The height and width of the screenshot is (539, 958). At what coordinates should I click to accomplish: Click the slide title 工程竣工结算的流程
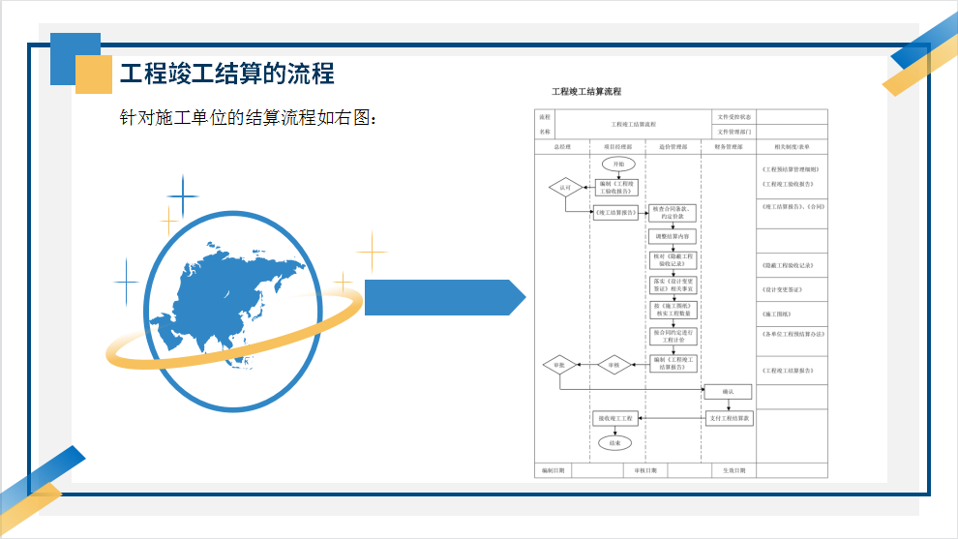coord(226,74)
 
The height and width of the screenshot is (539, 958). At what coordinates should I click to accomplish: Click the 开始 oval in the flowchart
coord(618,165)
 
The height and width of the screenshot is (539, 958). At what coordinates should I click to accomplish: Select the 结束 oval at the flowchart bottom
coord(614,442)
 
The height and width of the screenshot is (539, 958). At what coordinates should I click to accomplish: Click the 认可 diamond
coord(565,187)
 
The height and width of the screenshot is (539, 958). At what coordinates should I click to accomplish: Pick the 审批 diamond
coord(559,365)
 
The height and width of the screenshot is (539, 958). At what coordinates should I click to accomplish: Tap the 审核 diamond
coord(614,365)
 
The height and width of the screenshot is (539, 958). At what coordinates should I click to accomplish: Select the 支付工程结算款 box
coord(728,418)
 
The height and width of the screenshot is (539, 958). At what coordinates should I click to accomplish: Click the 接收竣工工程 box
coord(614,418)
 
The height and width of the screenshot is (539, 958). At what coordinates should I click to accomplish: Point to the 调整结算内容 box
coord(672,236)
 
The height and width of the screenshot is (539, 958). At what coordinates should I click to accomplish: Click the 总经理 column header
coord(562,147)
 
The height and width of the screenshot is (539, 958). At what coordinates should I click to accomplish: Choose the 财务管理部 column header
coord(728,147)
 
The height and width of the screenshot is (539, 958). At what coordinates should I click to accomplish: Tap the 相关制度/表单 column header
coord(792,147)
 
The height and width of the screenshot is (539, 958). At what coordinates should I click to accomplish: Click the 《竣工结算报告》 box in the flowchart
coord(615,213)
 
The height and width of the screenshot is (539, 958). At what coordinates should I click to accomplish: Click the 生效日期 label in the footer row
coord(734,470)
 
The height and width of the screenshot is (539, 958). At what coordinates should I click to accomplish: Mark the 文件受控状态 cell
coord(734,117)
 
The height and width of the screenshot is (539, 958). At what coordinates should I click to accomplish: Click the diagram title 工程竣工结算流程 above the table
coord(586,92)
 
